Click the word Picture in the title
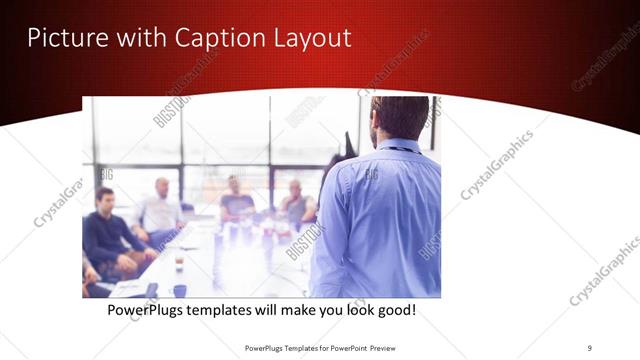pyautogui.click(x=61, y=37)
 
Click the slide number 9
pyautogui.click(x=589, y=347)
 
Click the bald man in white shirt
pyautogui.click(x=160, y=210)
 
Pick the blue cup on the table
pyautogui.click(x=179, y=290)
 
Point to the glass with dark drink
pyautogui.click(x=178, y=262)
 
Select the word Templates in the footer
pyautogui.click(x=294, y=347)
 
